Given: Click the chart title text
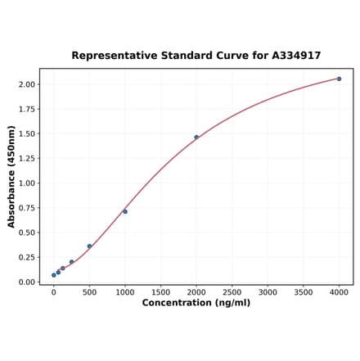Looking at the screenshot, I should [x=196, y=56].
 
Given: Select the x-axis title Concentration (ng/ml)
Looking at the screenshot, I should [x=196, y=303].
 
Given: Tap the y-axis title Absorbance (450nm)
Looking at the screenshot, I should [x=11, y=176].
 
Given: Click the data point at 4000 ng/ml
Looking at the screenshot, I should [x=339, y=79].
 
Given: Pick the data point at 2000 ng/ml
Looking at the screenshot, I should [x=196, y=137].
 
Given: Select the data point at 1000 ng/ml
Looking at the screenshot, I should [x=125, y=211].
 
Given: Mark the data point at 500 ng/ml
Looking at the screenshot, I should [x=89, y=246].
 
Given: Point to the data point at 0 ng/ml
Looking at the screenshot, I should [x=54, y=275].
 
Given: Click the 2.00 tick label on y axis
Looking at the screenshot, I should [x=26, y=84].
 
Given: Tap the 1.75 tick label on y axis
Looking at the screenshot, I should [x=26, y=109].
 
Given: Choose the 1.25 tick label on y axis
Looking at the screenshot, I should [x=26, y=158].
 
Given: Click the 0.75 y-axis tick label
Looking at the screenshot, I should [x=26, y=208].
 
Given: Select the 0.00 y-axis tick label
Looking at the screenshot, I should [x=26, y=282].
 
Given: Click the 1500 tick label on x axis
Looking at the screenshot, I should [x=160, y=291].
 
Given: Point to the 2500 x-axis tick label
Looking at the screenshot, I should [x=232, y=291].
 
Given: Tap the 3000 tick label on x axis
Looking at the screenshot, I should [x=268, y=291].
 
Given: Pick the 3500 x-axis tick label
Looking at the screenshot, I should [x=303, y=291].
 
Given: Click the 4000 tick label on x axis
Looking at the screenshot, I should [x=339, y=291].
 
